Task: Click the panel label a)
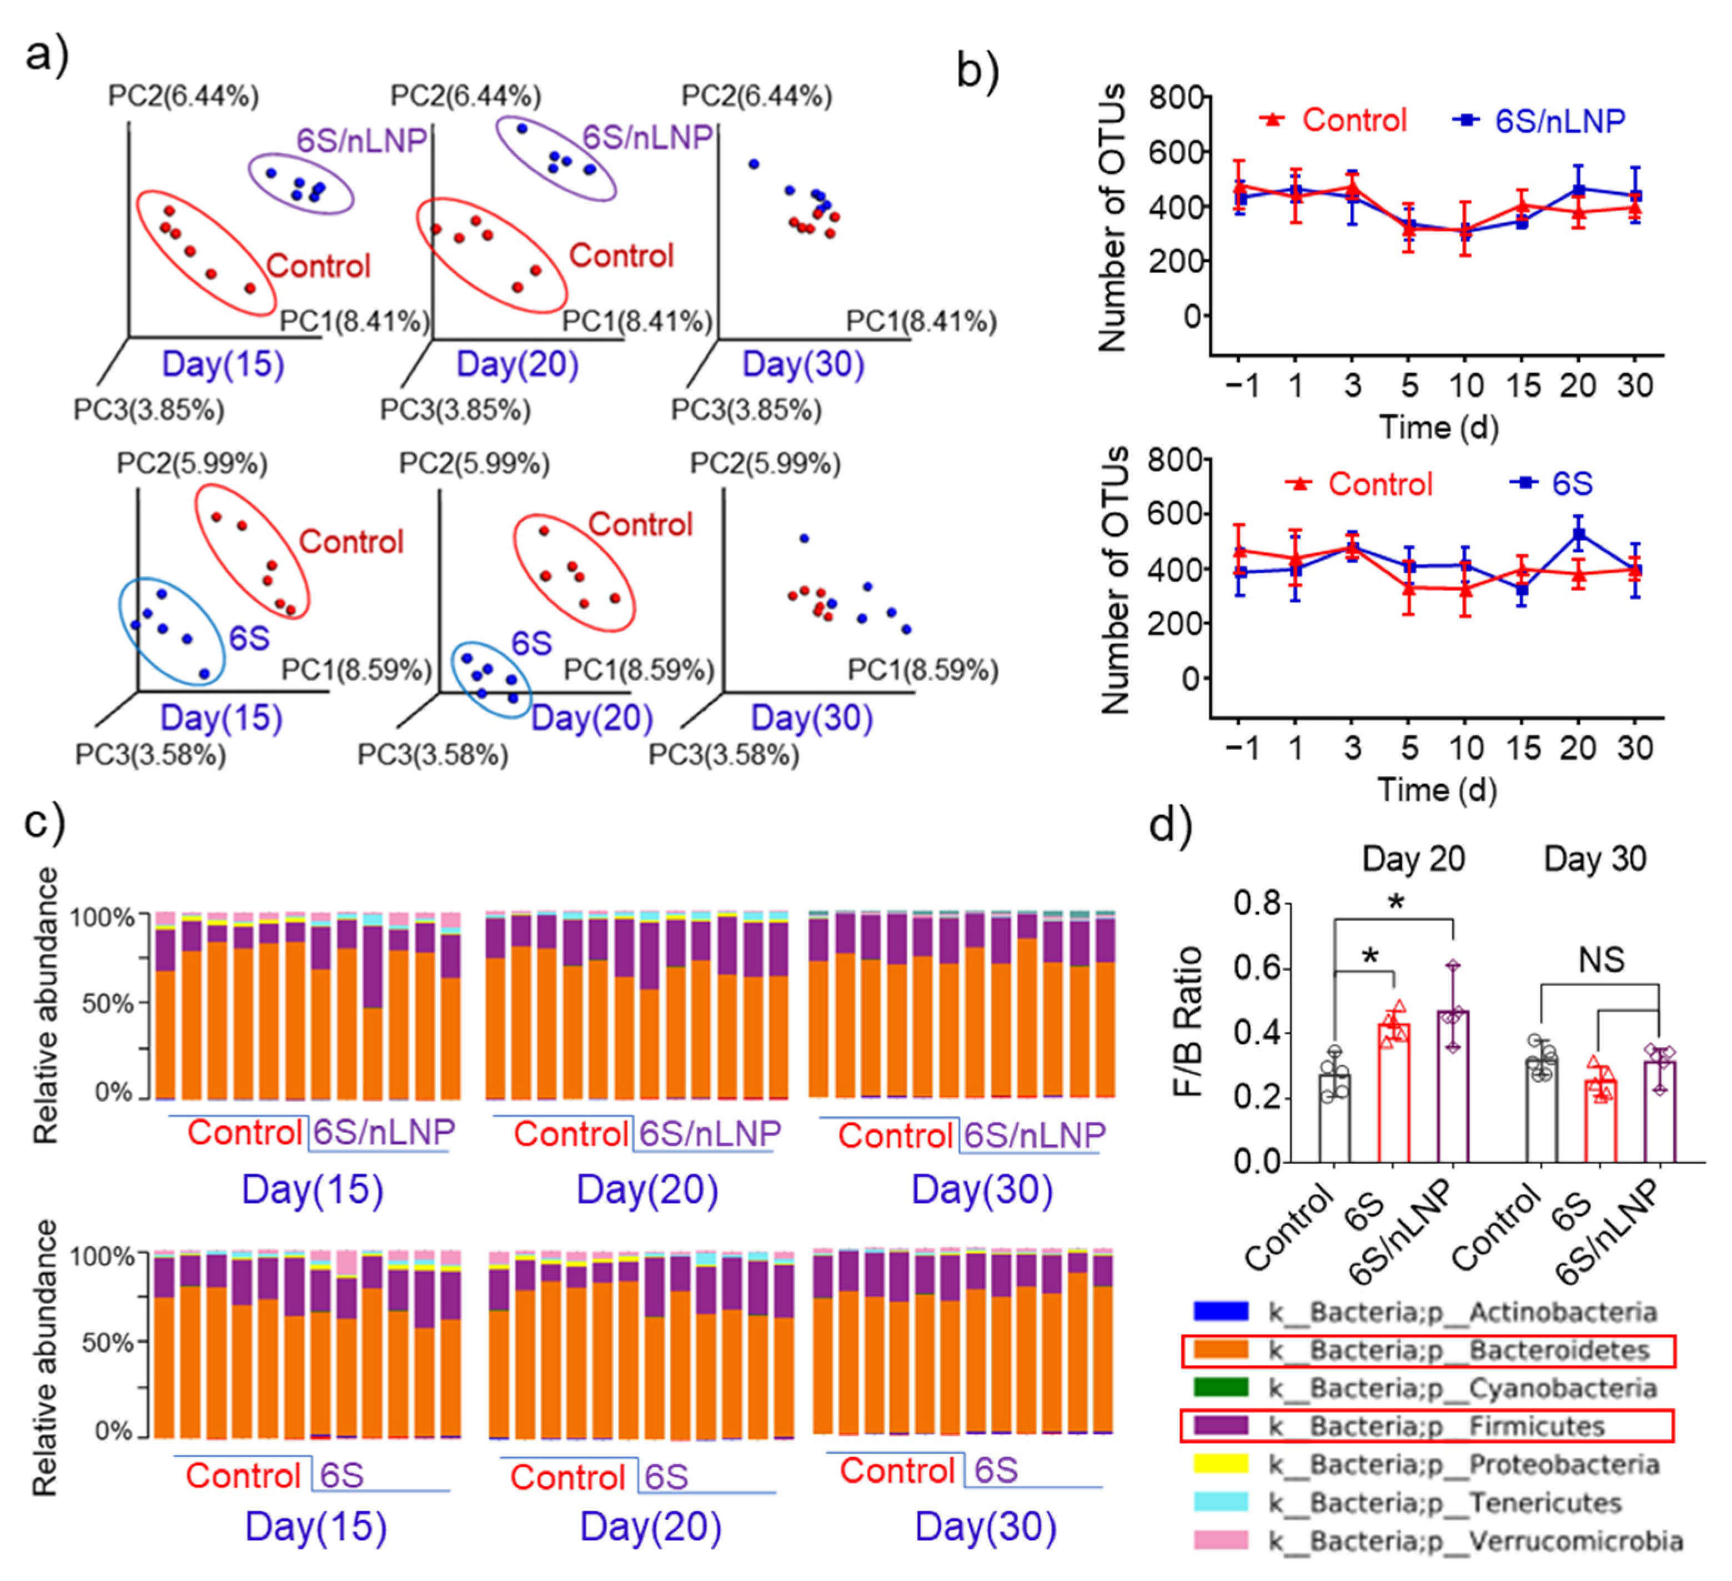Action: pos(47,58)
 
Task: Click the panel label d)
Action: pos(1170,826)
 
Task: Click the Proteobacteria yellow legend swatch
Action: pos(1221,1464)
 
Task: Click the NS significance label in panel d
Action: pos(1600,960)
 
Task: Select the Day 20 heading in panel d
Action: pos(1413,859)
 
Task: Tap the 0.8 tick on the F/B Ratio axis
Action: pos(1256,903)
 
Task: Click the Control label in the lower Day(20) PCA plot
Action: pos(640,524)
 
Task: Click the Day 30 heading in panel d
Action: pos(1594,859)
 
